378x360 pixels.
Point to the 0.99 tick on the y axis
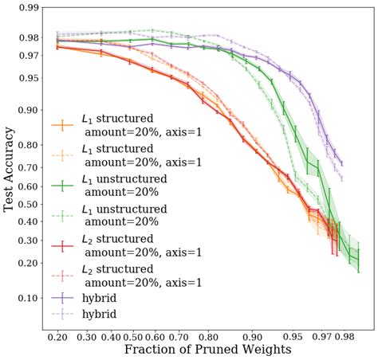pos(29,8)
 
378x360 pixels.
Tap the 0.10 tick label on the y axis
pos(29,298)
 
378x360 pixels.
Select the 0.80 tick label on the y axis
pos(29,145)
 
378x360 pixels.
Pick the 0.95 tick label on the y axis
pos(29,78)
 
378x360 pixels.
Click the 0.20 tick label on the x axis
pos(57,337)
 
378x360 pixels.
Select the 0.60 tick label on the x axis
pos(156,337)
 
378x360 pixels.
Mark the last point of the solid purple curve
pos(342,164)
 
